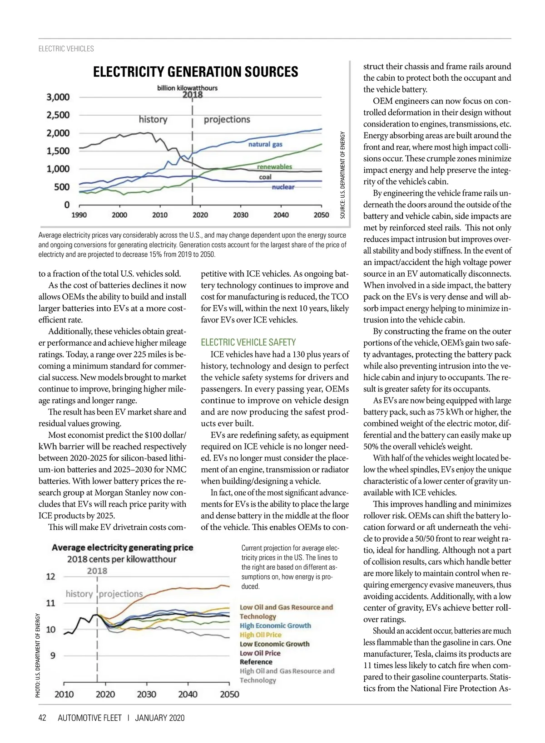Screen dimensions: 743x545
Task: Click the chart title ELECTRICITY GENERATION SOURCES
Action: point(195,72)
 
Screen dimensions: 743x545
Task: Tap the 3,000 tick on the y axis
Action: point(58,97)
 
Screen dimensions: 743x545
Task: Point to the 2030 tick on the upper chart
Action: point(240,215)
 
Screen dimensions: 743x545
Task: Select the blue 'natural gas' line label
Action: point(265,144)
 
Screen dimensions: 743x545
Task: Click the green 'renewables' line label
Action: point(274,166)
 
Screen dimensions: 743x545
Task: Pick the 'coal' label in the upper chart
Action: point(265,177)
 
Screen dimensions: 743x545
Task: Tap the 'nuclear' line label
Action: point(283,187)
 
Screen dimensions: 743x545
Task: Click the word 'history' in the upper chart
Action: point(153,119)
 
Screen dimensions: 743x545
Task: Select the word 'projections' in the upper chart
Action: point(227,119)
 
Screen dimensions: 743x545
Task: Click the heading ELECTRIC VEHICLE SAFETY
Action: point(248,342)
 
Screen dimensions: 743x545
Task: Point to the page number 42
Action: point(42,718)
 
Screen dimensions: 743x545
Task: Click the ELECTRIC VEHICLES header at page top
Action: point(66,49)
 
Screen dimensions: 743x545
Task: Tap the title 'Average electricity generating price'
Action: point(123,547)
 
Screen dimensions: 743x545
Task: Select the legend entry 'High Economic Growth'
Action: point(275,626)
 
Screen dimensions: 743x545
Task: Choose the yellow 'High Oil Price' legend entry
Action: point(260,635)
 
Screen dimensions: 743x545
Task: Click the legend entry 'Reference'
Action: point(256,662)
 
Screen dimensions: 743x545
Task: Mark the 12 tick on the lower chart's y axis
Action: point(50,577)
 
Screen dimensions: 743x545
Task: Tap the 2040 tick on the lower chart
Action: point(188,694)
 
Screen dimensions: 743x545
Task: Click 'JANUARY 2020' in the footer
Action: point(160,718)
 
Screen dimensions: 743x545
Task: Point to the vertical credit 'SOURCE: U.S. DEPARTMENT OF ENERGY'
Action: point(343,175)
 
